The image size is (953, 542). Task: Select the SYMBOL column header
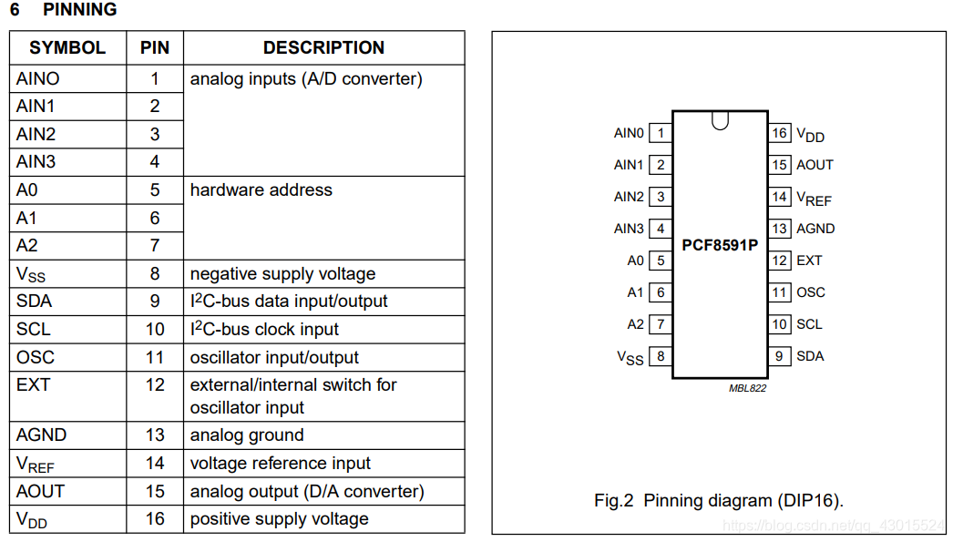coord(67,48)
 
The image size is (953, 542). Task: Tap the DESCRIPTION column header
coord(323,48)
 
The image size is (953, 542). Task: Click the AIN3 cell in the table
coord(36,162)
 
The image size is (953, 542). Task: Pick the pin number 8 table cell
coord(155,273)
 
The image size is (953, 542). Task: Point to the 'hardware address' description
coord(261,190)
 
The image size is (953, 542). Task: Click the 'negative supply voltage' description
coord(282,274)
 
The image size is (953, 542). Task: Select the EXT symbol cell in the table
coord(33,385)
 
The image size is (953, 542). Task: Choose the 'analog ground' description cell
coord(247,435)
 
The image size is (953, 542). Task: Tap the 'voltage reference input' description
coord(280,464)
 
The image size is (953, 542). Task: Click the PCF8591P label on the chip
coord(720,246)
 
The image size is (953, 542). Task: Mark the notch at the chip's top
coord(721,120)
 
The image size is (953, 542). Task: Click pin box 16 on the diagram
coord(779,133)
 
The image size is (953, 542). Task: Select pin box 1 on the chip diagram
coord(661,133)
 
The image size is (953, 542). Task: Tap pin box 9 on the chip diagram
coord(779,356)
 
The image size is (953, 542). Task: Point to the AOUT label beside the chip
coord(815,165)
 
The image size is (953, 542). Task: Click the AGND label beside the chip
coord(815,229)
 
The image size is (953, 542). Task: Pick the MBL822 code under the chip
coord(747,389)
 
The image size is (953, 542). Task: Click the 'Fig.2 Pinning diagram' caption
coord(719,501)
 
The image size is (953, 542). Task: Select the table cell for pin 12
coord(155,385)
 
